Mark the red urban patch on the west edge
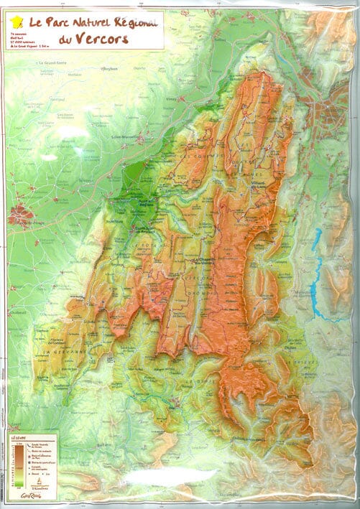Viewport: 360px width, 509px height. point(18,213)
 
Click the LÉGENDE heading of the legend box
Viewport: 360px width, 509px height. point(16,434)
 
